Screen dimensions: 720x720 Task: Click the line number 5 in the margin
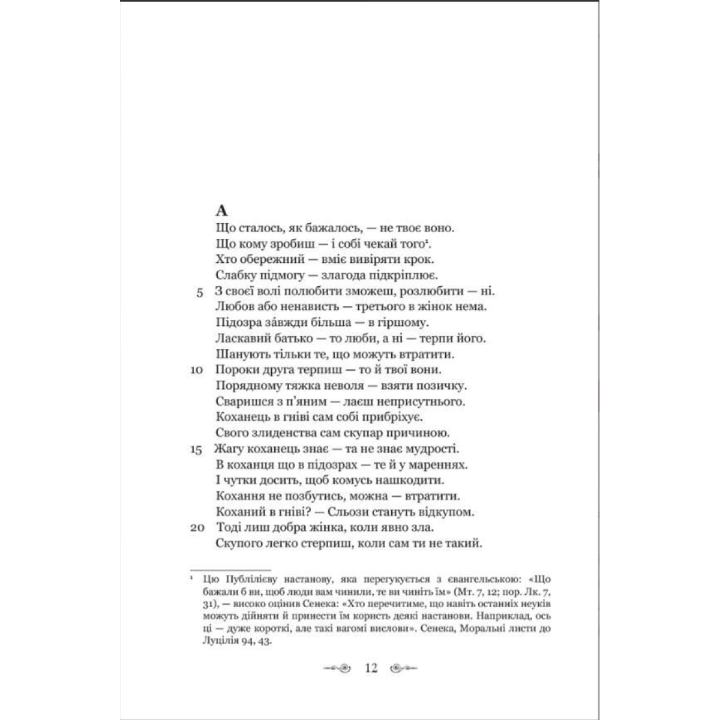[x=199, y=292]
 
